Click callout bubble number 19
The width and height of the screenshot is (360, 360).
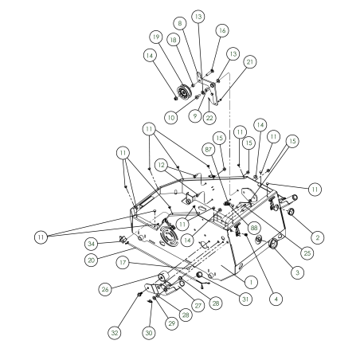(156, 37)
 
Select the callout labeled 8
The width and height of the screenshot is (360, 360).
(180, 23)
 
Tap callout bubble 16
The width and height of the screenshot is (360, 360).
(222, 31)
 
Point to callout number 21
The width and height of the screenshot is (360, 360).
(250, 62)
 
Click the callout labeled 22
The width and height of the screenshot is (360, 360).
(209, 118)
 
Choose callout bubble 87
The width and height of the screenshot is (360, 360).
(209, 150)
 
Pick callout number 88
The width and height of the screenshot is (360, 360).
(254, 228)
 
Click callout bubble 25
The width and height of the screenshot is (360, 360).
(307, 252)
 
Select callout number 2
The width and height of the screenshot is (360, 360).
(317, 237)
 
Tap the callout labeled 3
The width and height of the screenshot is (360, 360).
(297, 272)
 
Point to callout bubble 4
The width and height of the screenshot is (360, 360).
(276, 299)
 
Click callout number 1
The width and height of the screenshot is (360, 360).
(251, 282)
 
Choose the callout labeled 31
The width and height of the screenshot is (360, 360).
(245, 299)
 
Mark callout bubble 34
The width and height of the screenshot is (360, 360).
(92, 244)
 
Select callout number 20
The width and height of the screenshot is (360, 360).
(91, 260)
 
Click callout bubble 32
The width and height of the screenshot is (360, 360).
(115, 333)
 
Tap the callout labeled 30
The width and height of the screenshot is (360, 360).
(149, 333)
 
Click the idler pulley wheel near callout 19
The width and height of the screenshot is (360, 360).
(184, 92)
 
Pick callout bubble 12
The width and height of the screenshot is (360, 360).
(161, 165)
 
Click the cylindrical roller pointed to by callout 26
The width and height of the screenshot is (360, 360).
(163, 276)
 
